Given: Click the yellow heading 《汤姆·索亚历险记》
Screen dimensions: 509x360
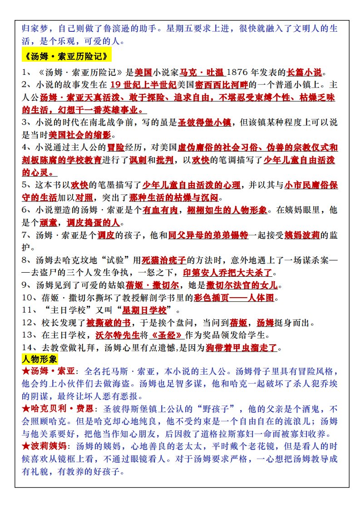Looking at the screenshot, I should coord(66,57).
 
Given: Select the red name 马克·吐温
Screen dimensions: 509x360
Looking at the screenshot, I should coord(202,72).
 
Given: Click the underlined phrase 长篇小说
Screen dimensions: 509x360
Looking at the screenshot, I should coord(304,72).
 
